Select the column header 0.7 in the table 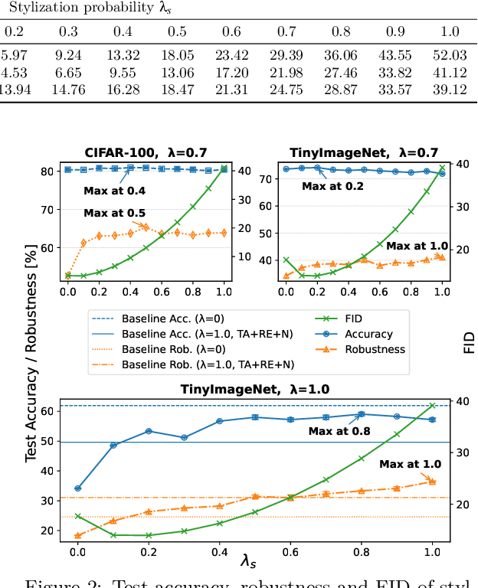285,32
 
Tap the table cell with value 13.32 123,55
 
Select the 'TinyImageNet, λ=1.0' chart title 255,389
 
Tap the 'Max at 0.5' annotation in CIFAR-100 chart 114,213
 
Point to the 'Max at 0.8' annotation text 339,431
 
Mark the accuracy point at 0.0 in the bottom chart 77,488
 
